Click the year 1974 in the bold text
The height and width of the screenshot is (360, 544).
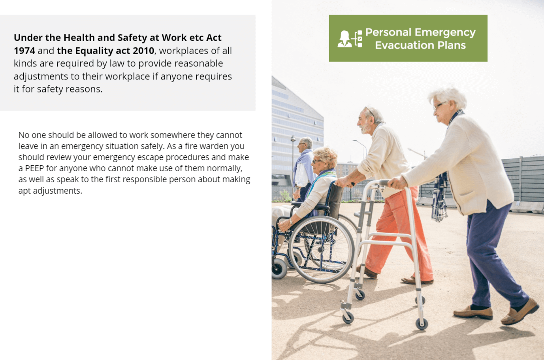[24, 51]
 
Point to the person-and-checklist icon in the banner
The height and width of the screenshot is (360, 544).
[350, 39]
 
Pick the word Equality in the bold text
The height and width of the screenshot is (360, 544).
[94, 51]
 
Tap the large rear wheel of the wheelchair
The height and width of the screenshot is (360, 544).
[321, 249]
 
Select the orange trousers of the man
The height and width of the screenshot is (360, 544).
[398, 233]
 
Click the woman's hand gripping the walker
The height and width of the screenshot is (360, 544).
[397, 183]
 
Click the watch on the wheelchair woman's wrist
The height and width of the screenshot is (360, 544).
[291, 221]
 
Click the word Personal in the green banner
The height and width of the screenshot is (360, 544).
[388, 32]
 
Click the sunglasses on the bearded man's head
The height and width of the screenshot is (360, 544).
[369, 111]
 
